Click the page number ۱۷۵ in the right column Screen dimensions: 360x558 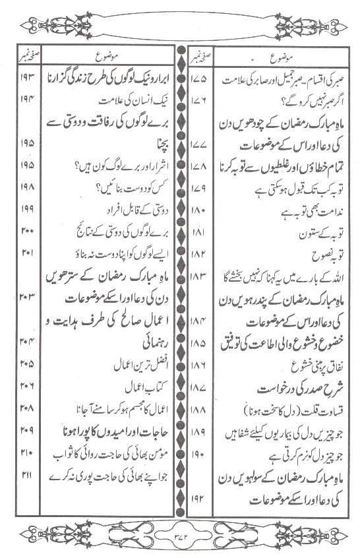(x=197, y=78)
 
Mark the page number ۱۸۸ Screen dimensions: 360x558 (x=197, y=412)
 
